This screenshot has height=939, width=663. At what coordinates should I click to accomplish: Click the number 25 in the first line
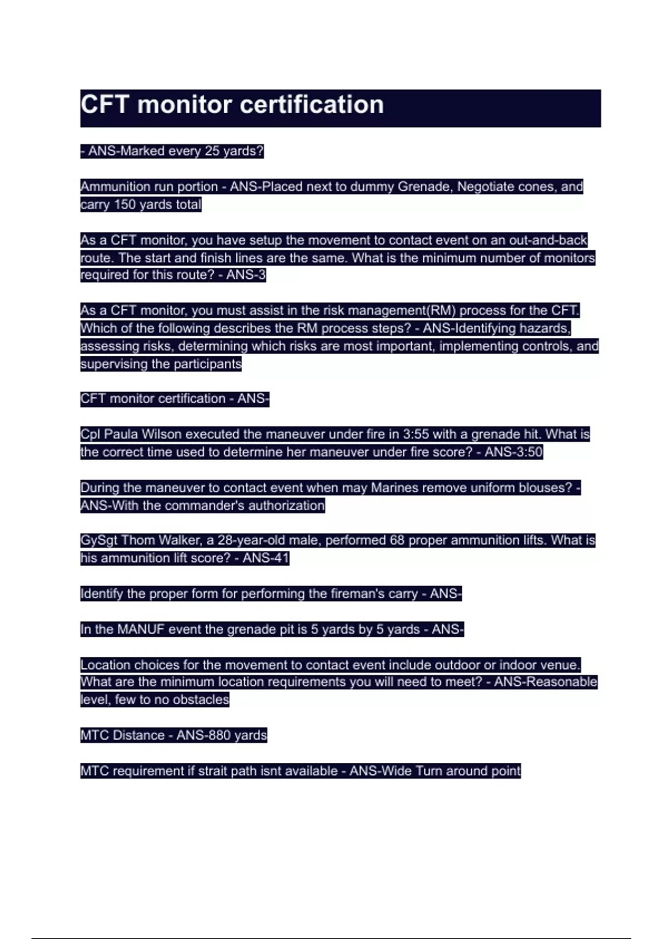[x=212, y=151]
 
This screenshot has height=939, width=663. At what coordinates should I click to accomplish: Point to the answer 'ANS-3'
[x=246, y=275]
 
